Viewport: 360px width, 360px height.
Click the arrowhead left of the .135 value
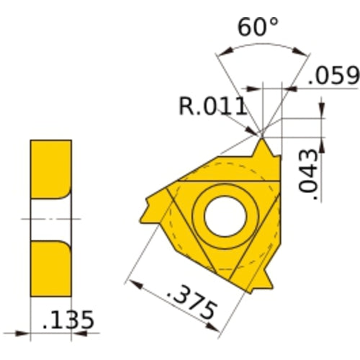click(x=24, y=334)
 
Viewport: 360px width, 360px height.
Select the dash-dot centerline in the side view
click(x=50, y=217)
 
